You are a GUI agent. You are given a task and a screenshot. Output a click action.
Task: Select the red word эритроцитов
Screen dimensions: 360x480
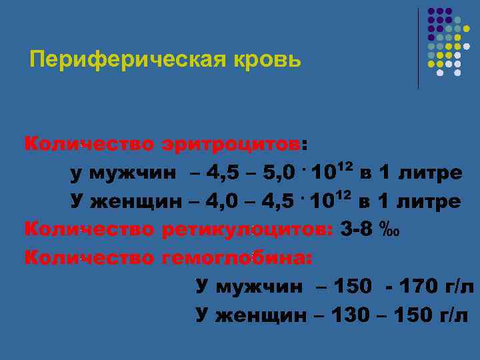[x=231, y=144]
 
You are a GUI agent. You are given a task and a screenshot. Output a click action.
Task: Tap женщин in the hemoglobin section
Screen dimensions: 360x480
[x=263, y=315]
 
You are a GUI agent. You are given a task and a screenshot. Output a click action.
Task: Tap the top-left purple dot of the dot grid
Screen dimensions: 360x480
[x=431, y=12]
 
